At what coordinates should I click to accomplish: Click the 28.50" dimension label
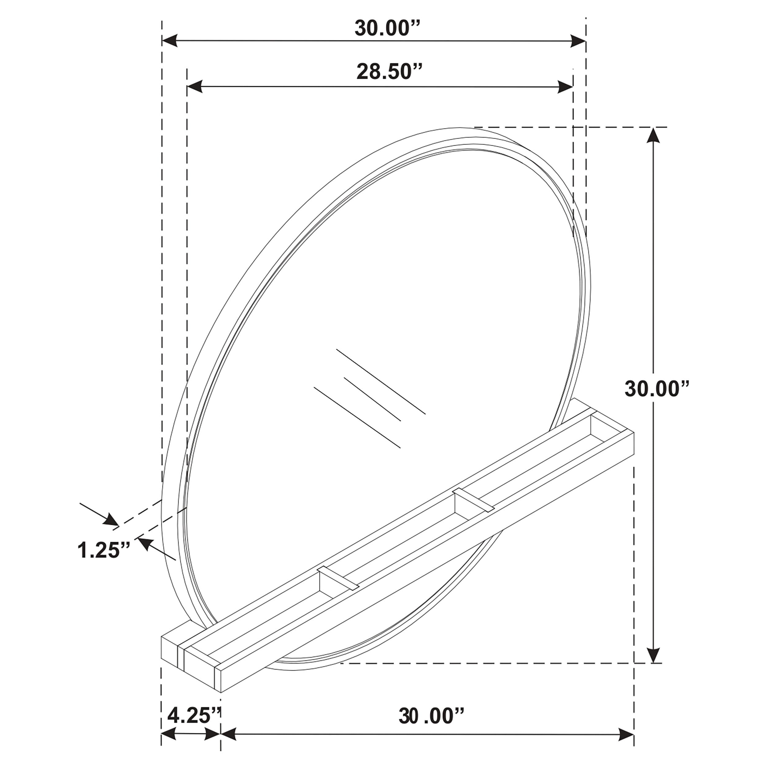(389, 72)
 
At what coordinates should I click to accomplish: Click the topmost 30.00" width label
(387, 28)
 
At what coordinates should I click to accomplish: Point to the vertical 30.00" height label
(657, 389)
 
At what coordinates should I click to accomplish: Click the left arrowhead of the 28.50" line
(195, 87)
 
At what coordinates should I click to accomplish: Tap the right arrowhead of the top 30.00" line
(578, 41)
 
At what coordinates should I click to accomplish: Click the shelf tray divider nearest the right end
(474, 499)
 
